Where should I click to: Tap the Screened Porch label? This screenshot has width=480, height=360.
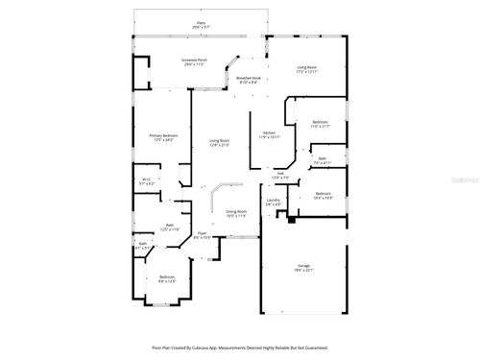coord(195,62)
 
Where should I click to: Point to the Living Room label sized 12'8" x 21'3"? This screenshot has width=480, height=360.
coord(220,143)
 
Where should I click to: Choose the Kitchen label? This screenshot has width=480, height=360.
coord(270,134)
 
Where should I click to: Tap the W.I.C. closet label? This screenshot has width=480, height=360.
coord(147,180)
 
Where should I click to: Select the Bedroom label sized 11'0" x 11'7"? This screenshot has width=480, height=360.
coord(321,125)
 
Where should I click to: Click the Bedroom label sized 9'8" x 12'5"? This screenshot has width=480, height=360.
coord(167,278)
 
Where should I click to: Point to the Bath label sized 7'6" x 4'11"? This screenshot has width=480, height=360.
coord(323,161)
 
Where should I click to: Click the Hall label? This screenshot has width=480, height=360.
coord(280,176)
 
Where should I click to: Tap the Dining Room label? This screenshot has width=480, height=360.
coord(236,213)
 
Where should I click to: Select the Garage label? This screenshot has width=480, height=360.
coord(303,270)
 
